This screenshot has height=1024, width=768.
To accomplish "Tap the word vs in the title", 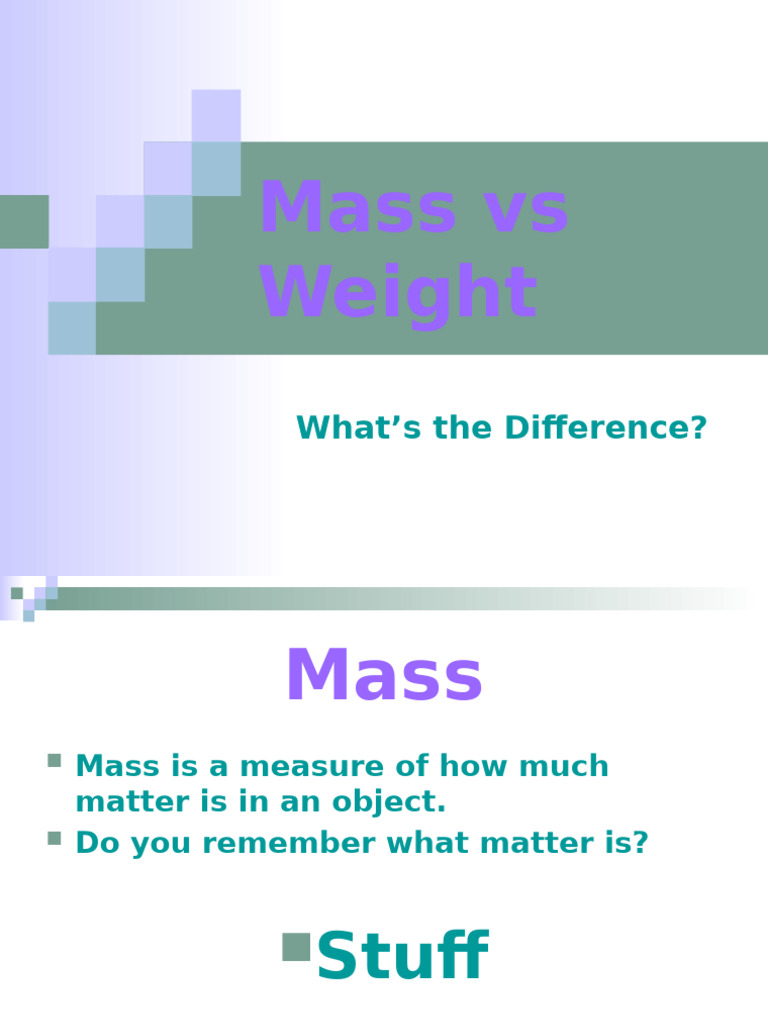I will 513,211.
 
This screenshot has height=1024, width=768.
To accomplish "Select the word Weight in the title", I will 398,293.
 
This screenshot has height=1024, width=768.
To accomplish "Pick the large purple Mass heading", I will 384,677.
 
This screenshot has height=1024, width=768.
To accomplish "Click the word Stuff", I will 402,957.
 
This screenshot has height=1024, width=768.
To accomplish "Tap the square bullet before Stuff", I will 296,946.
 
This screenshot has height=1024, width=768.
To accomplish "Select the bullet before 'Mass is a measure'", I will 54,763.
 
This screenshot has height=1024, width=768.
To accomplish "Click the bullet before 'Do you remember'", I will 54,838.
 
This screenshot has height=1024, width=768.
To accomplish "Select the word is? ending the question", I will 625,843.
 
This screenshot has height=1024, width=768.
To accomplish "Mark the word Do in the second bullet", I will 93,843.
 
